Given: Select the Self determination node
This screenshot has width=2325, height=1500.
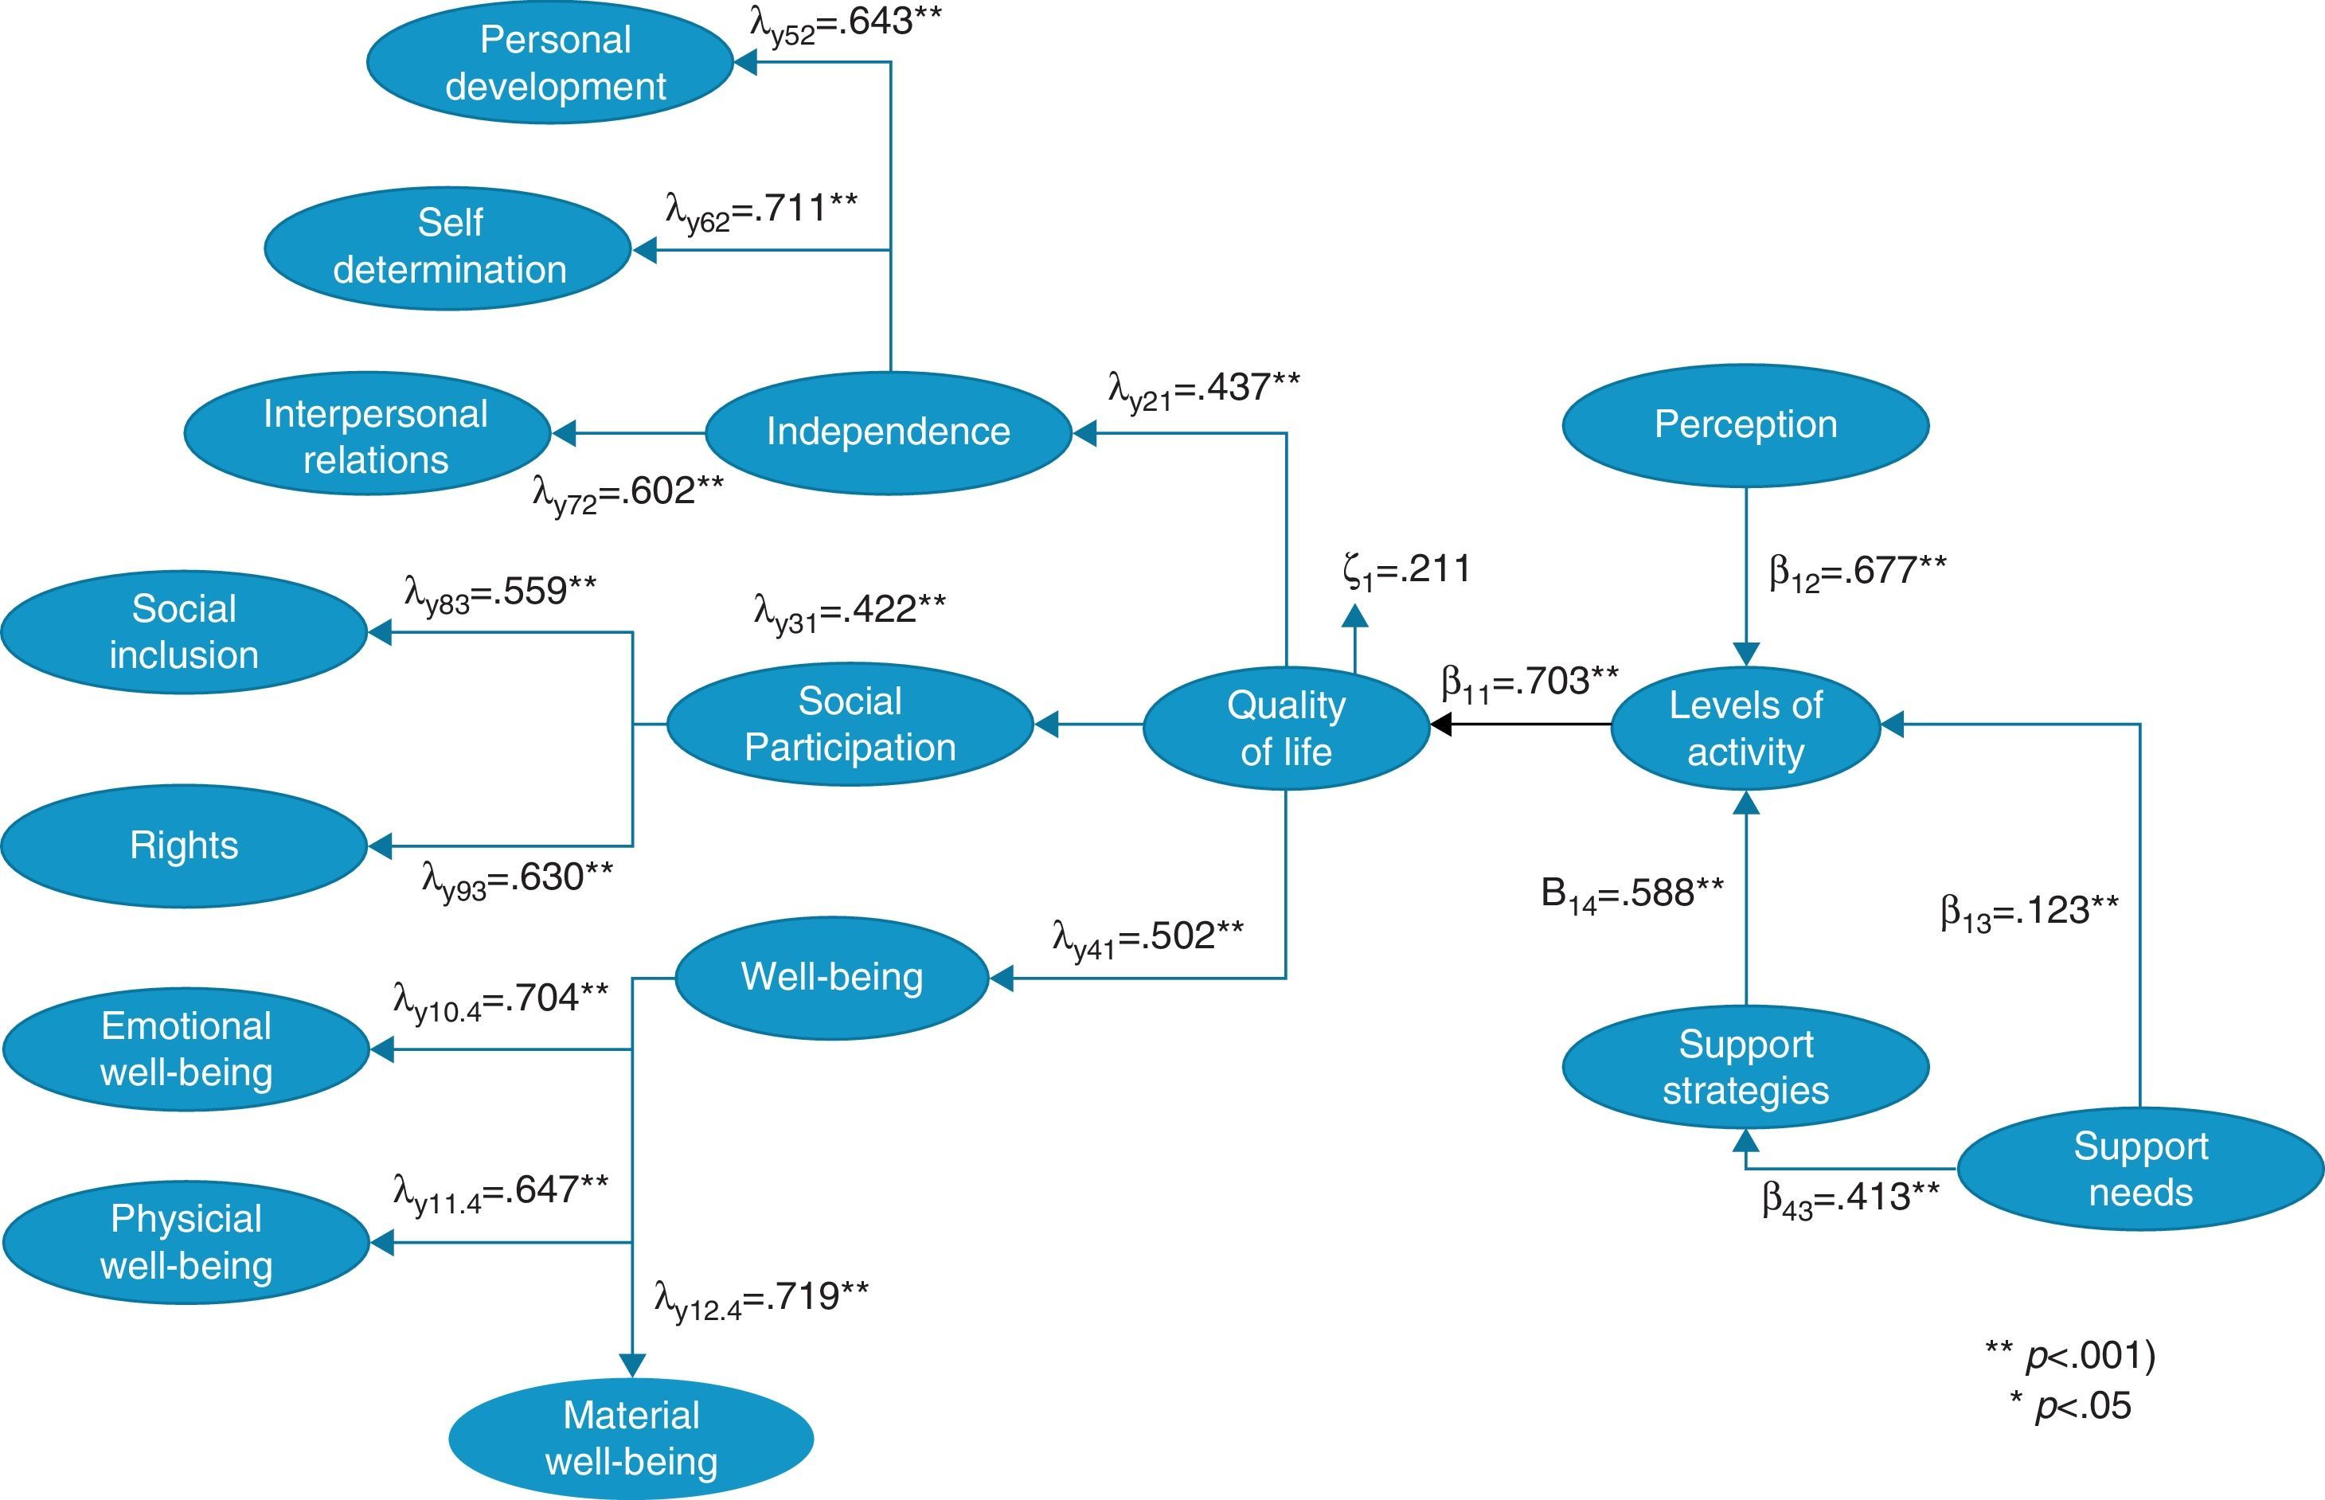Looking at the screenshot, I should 448,248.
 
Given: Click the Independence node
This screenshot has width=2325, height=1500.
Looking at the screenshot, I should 887,432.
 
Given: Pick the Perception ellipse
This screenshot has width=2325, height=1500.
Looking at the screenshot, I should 1745,424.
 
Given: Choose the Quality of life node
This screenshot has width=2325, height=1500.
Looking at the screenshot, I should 1286,728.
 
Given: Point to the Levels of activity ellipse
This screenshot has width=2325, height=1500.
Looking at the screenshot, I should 1745,728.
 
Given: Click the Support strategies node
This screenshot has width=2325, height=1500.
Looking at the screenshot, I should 1745,1067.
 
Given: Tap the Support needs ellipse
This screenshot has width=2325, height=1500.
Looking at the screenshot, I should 2140,1169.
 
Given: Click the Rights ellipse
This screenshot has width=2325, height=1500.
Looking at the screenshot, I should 184,846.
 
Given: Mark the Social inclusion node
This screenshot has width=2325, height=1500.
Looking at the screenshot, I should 184,632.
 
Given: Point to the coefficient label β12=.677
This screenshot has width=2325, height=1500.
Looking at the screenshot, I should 1857,571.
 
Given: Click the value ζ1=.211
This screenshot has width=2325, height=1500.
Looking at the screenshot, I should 1405,571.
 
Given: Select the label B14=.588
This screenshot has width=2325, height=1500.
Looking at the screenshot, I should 1631,894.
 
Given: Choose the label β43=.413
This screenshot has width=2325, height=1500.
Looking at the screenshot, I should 1850,1197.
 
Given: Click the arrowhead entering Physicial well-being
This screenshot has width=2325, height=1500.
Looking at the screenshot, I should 381,1242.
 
